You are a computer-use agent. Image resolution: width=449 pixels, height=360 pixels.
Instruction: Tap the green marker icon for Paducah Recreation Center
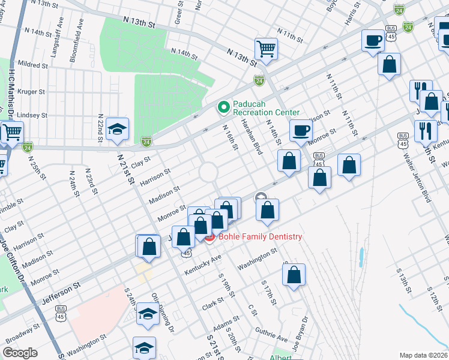(223, 108)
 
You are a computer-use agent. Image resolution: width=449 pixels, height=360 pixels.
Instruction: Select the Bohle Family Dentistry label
(260, 237)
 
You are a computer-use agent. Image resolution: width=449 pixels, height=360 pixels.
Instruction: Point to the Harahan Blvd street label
(252, 136)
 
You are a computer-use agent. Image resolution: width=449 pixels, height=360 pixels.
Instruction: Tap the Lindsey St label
(34, 115)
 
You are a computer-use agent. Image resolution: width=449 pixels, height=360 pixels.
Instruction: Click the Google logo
(20, 353)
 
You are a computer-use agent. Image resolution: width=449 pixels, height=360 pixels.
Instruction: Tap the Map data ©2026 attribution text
(423, 355)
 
